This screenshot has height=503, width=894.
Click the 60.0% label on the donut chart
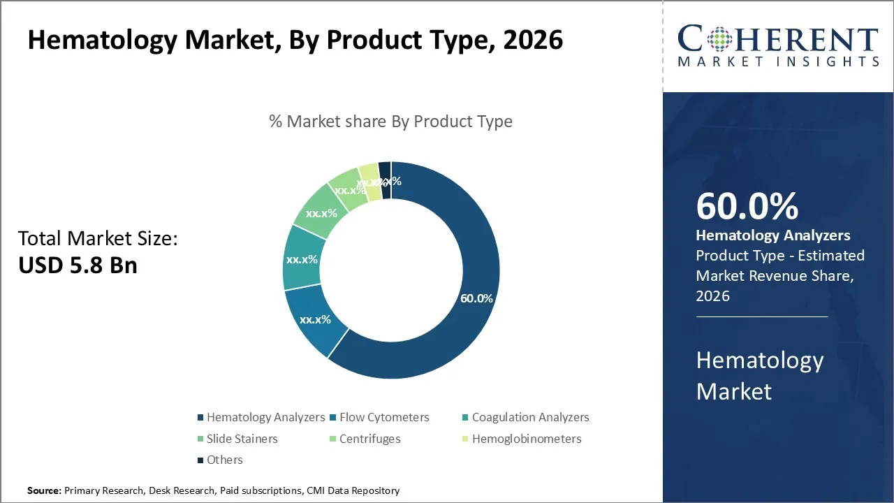click(476, 298)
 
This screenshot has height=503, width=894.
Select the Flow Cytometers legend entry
click(383, 417)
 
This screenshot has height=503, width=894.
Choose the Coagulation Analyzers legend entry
click(529, 417)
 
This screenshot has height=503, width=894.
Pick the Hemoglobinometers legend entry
click(526, 439)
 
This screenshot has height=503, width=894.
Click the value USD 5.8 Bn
click(78, 265)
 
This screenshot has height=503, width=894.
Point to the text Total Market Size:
click(98, 238)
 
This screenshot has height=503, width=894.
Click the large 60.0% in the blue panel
click(747, 207)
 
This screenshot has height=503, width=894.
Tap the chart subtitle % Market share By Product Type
click(390, 121)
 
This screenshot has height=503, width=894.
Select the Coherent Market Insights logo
click(778, 46)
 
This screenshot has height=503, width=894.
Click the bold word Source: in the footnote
click(44, 490)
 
